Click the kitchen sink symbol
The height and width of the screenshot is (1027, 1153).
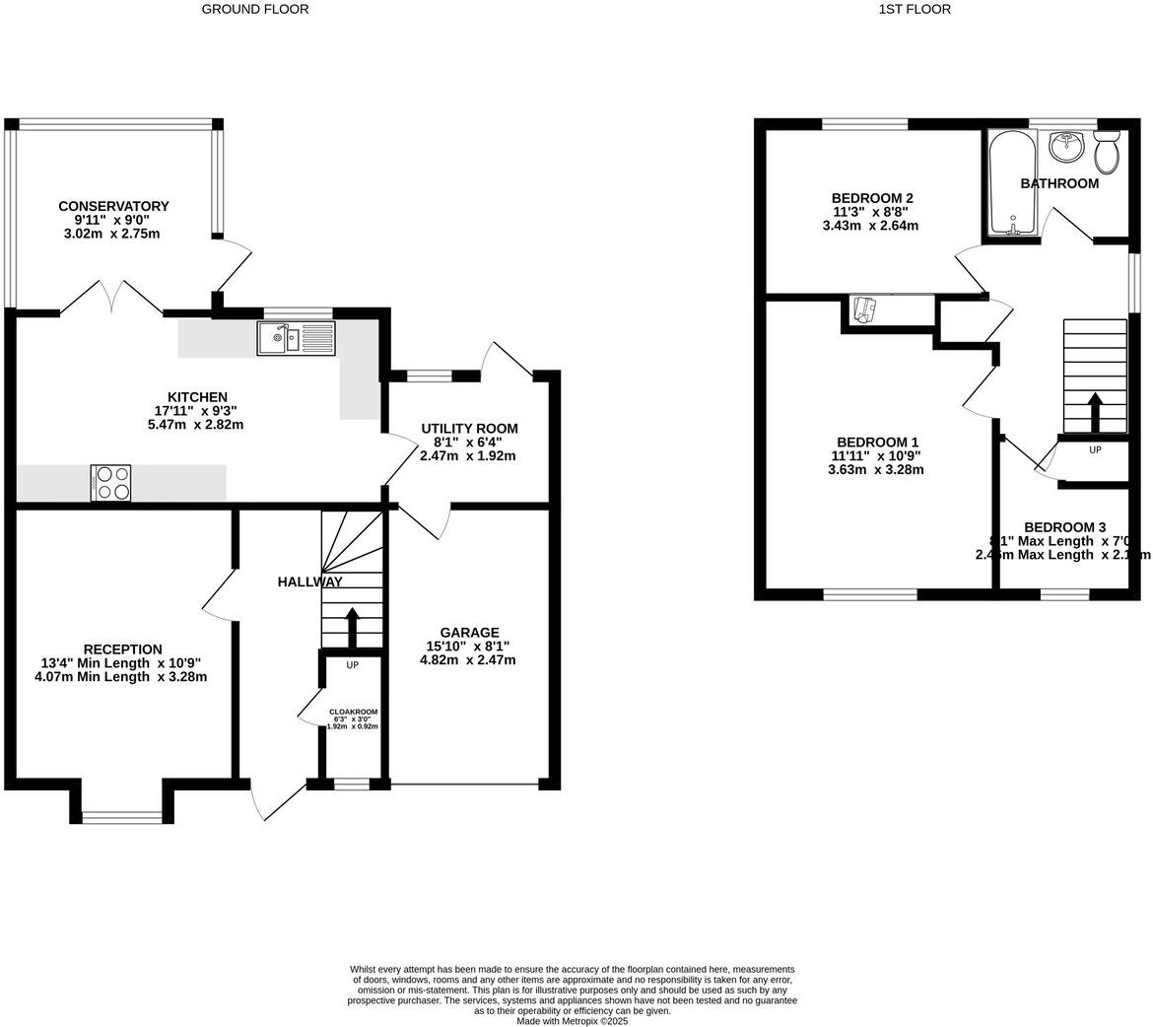pos(297,339)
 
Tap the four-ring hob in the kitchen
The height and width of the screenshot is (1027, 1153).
pos(110,483)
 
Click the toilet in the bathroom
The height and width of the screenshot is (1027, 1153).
pos(1106,154)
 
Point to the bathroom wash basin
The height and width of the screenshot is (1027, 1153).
pos(1065,147)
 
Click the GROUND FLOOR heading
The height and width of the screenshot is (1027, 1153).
pos(255,9)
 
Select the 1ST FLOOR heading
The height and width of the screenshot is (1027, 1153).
pos(915,9)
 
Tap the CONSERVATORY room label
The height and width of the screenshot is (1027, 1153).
pos(113,206)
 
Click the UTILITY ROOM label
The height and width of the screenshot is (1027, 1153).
pos(469,429)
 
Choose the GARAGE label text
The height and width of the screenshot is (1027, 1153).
pos(469,633)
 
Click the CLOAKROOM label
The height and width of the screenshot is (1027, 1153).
pos(353,712)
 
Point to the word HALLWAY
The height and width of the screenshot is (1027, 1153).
pos(309,582)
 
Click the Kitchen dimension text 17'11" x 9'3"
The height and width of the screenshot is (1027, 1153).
pos(195,411)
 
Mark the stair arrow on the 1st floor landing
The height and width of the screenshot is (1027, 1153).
pos(1095,411)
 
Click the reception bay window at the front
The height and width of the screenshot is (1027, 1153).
pos(121,816)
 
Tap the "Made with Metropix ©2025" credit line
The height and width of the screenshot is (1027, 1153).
pos(573,1021)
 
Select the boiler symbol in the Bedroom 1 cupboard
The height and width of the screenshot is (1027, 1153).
pos(864,309)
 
